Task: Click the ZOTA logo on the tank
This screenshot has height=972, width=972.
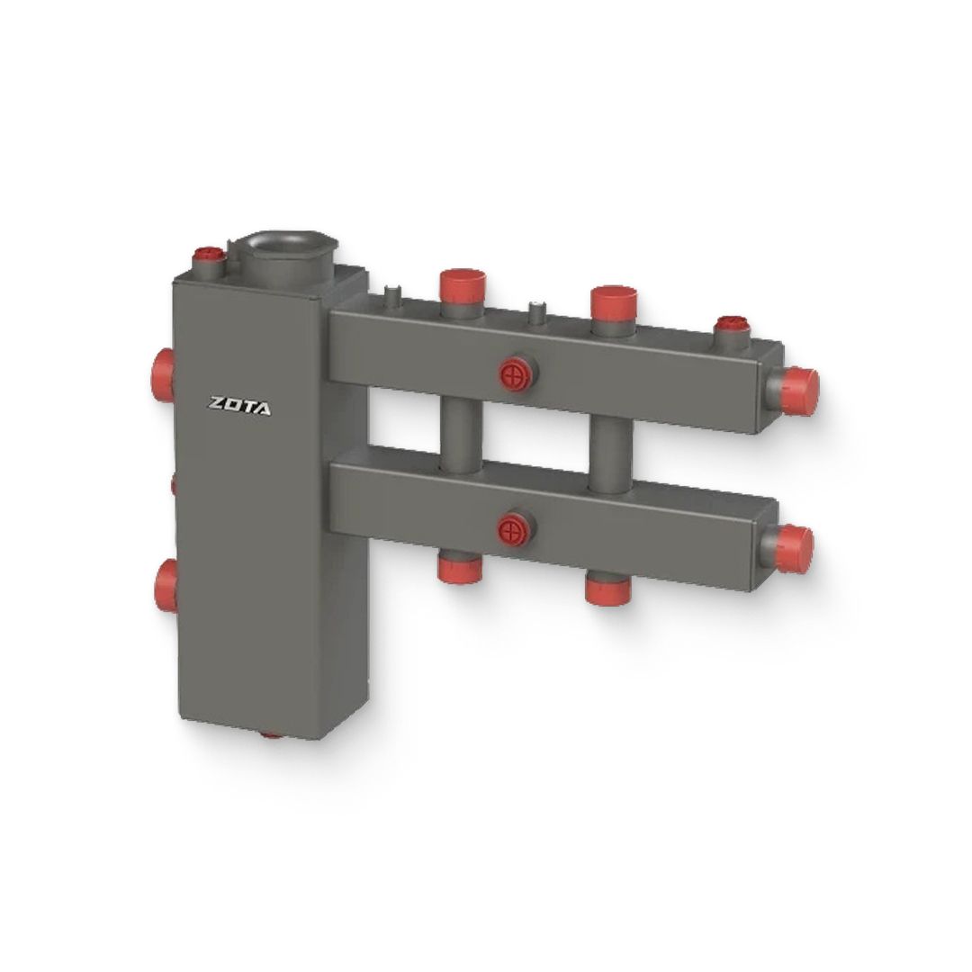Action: point(239,406)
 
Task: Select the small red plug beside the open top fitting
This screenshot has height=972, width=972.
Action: point(208,254)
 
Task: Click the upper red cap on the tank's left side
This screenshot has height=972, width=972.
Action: point(163,374)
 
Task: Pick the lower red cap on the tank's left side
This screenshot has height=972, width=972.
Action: point(166,585)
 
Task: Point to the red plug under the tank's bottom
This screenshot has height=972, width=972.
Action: point(271,734)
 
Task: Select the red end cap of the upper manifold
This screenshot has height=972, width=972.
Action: point(800,391)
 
